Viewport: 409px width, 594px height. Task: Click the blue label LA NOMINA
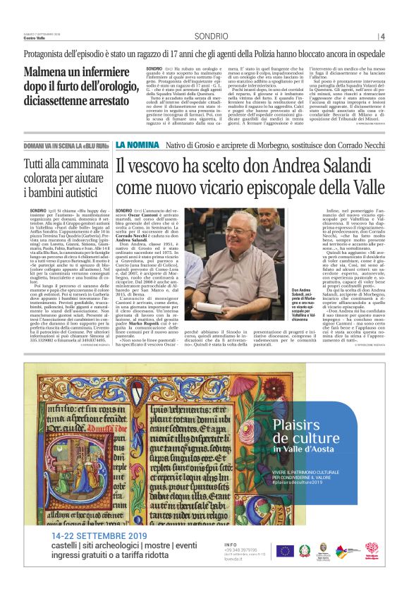pos(138,145)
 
